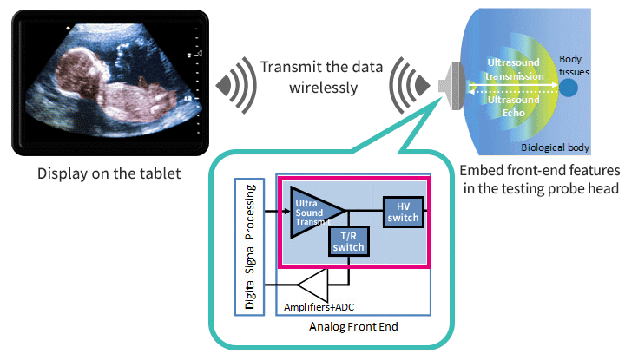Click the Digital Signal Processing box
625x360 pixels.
(x=249, y=247)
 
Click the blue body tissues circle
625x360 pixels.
(x=569, y=88)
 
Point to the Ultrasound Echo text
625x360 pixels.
(x=514, y=106)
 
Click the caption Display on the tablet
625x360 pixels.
(x=109, y=173)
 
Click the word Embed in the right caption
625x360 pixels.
(x=482, y=171)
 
